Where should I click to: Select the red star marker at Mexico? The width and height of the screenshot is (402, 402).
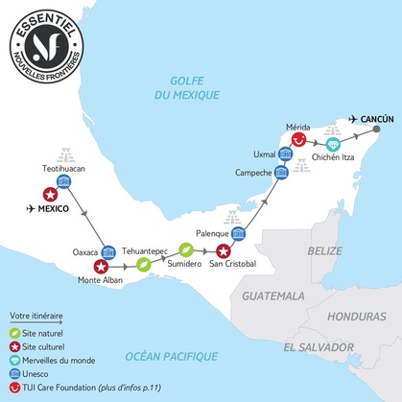coord(49,195)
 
